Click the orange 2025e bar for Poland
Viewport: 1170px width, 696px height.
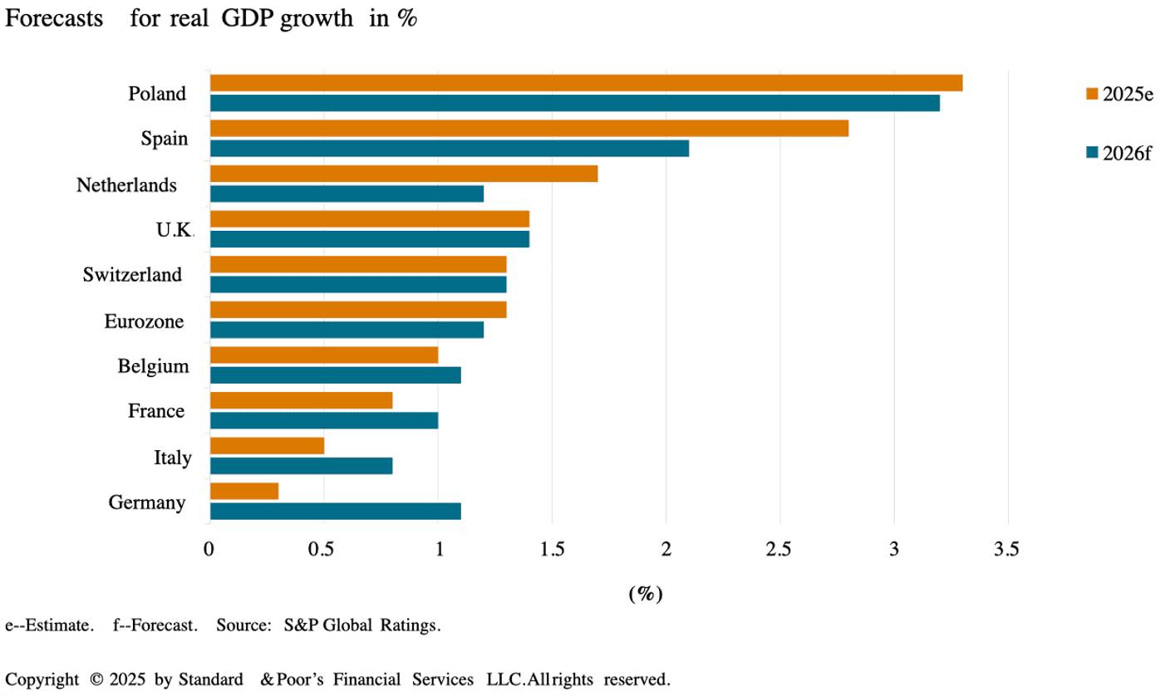click(586, 83)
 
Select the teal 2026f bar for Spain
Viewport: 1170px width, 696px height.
click(449, 148)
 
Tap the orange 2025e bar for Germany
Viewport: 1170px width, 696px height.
click(243, 491)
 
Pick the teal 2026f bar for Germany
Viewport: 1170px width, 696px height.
click(335, 511)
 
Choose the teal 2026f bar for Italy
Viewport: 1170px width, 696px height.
click(301, 465)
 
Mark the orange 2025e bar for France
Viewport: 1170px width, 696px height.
click(301, 400)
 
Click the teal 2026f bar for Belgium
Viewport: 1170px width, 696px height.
click(335, 375)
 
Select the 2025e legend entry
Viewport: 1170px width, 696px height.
click(1118, 93)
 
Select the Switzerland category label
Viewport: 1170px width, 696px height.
click(133, 275)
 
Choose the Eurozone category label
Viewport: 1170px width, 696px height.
click(144, 321)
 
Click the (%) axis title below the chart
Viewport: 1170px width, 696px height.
click(645, 593)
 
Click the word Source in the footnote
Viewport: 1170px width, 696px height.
click(240, 625)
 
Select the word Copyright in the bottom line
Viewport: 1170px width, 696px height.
click(42, 679)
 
